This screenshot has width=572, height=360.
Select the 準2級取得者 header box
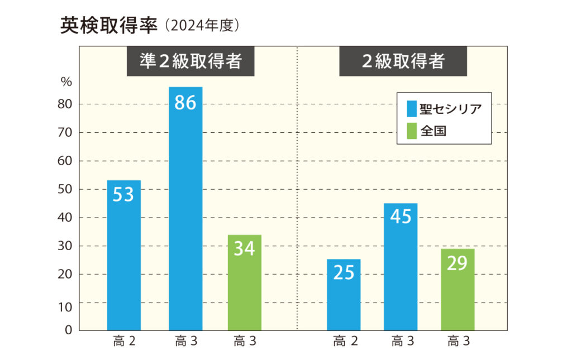click(x=190, y=61)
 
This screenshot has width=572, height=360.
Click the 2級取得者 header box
click(x=403, y=61)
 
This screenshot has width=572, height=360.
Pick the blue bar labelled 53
click(x=123, y=255)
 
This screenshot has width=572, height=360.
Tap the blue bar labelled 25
click(x=344, y=295)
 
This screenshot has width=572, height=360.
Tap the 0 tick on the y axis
click(x=69, y=330)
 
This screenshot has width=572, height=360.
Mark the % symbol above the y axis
click(x=66, y=82)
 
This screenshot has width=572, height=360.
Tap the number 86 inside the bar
click(x=185, y=103)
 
